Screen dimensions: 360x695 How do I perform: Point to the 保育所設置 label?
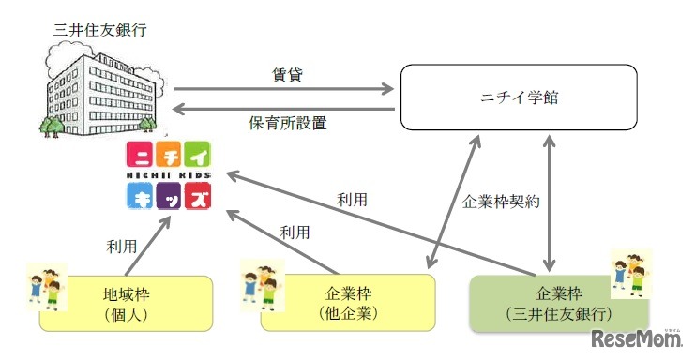pos(282,123)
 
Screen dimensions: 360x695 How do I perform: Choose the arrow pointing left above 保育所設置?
pos(283,108)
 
